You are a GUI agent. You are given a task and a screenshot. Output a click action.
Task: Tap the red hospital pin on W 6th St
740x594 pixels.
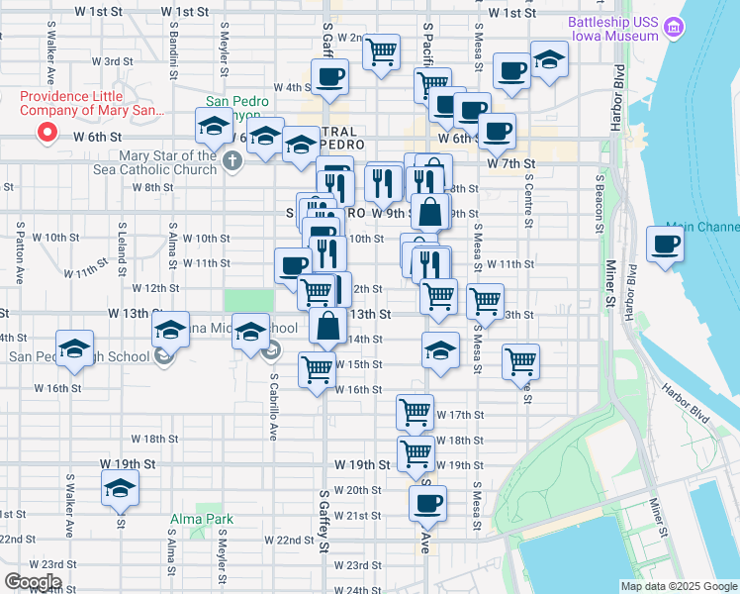point(45,133)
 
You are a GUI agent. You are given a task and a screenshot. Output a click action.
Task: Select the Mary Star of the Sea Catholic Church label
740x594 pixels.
point(167,162)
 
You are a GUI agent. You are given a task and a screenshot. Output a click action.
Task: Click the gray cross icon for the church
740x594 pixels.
point(232,160)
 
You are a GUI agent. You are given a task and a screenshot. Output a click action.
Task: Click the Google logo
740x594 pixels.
point(32,582)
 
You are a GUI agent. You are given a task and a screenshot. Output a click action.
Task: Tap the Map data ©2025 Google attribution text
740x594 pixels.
point(678,586)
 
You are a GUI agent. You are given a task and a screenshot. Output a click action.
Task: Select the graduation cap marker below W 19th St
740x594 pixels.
point(120,487)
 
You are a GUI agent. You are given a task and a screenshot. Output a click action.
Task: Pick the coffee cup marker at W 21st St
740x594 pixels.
point(427,502)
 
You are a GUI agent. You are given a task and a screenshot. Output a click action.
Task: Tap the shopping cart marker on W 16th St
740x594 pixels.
point(317,370)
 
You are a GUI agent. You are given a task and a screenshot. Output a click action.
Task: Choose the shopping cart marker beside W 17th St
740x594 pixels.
point(415,411)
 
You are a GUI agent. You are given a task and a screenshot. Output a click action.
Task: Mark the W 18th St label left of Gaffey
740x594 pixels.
point(153,439)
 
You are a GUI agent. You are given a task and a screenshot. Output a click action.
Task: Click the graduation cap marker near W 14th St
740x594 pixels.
point(440,349)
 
